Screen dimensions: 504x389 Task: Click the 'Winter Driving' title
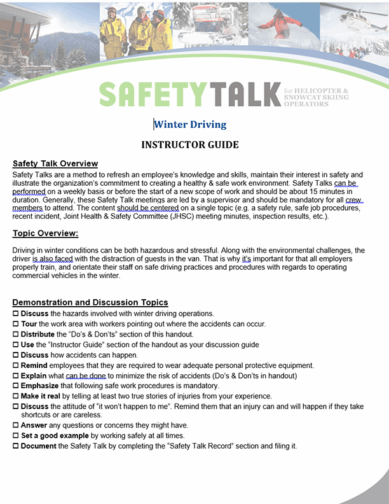190,124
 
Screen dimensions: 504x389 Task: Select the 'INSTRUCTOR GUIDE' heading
190,145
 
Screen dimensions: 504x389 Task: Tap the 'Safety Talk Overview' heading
55,164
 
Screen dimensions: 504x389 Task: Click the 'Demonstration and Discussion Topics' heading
90,302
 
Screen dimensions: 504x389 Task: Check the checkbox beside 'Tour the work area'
16,324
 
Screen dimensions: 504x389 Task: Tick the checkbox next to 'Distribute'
16,335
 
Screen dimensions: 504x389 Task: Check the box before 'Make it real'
16,396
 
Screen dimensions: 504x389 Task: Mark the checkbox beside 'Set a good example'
16,435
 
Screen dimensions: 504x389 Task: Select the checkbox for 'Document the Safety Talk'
16,446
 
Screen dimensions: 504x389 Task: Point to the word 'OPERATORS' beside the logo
306,104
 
